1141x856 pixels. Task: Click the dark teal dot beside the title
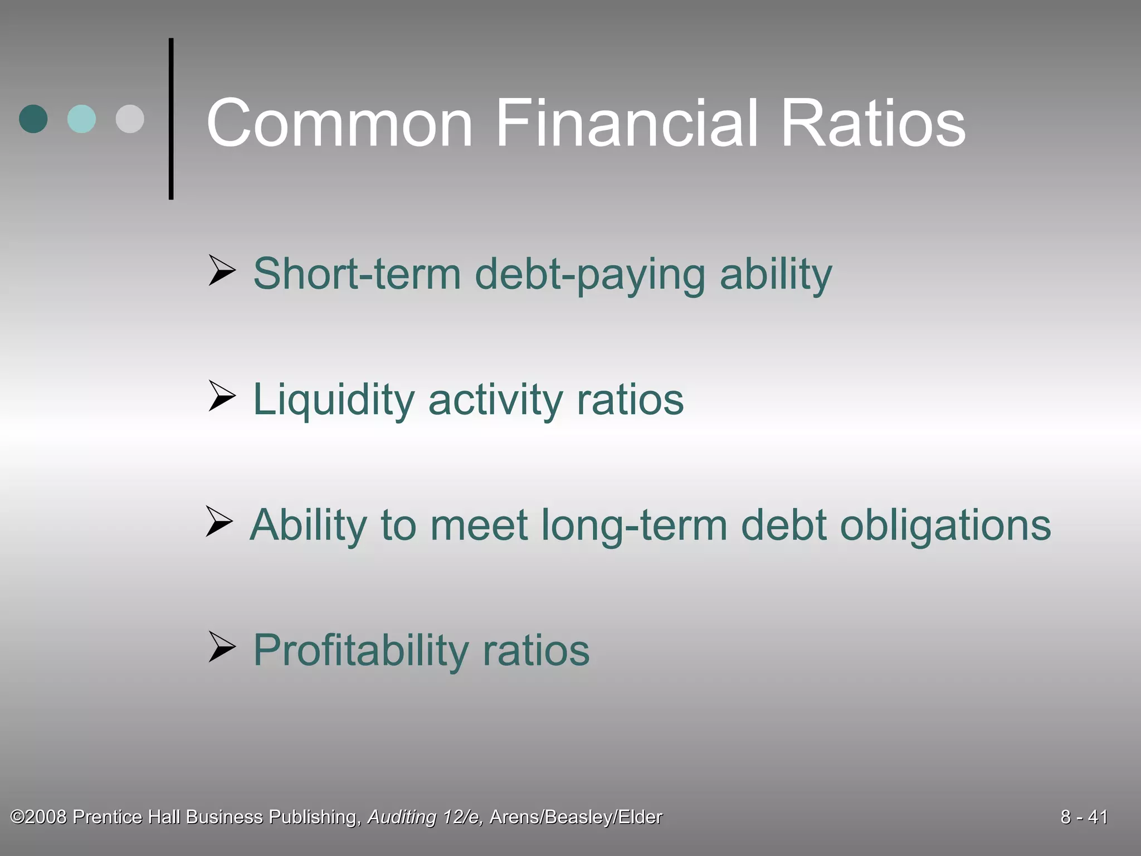point(33,119)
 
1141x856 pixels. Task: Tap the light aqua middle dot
point(81,119)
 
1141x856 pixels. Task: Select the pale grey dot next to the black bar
point(130,119)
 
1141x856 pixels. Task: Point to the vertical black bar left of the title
point(171,119)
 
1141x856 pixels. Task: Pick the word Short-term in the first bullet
point(357,274)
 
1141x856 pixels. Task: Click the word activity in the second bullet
point(495,400)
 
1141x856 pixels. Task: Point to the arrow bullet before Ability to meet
point(219,522)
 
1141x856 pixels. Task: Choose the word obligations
point(945,526)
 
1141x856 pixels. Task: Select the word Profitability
point(361,650)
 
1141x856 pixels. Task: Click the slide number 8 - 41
point(1084,817)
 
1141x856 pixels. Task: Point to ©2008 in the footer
point(39,817)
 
